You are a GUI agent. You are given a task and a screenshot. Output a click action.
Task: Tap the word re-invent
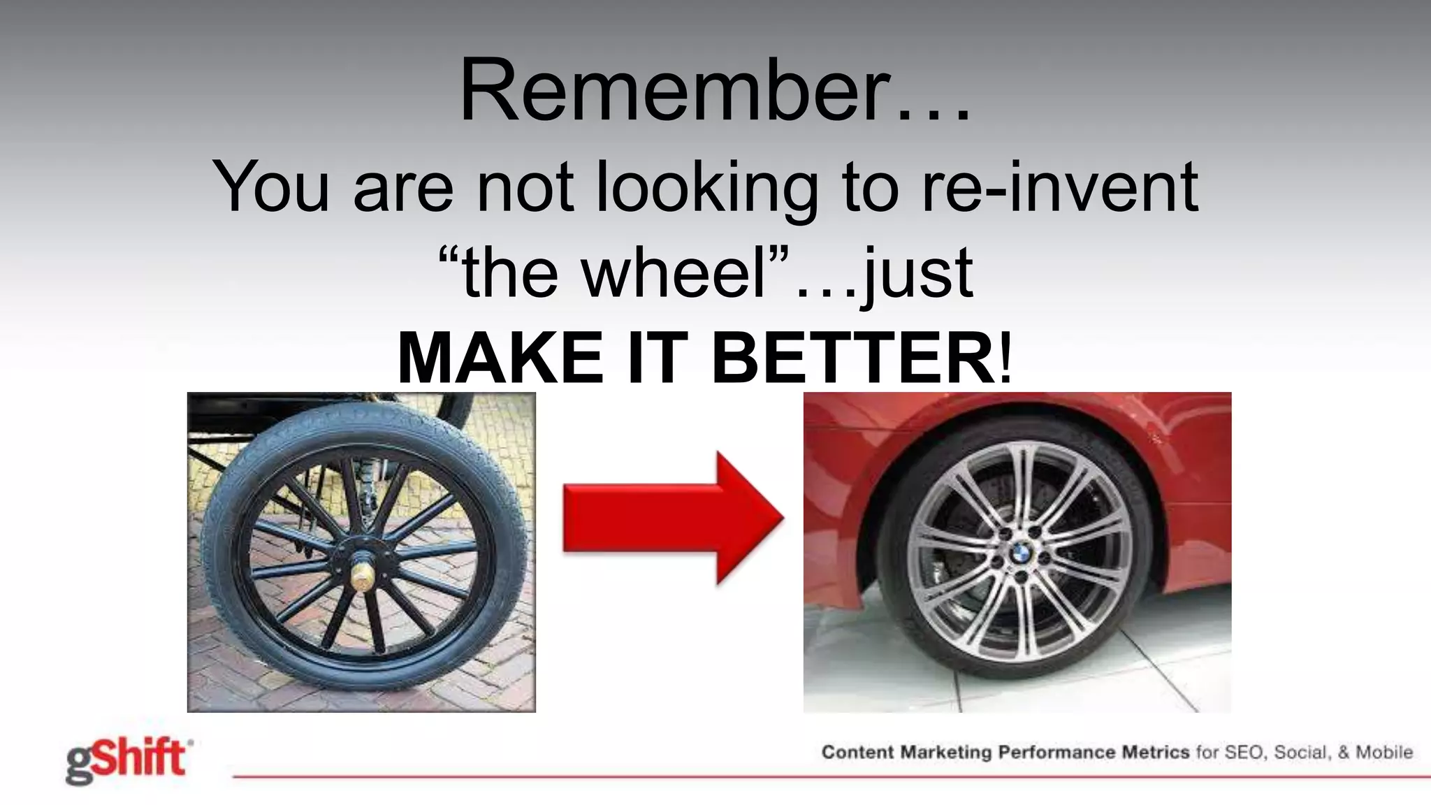click(1059, 187)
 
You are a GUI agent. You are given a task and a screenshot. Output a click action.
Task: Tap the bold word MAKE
click(500, 358)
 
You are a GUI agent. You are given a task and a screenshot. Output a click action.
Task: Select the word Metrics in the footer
click(1155, 753)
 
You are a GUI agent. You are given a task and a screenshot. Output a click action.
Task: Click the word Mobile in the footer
click(1383, 753)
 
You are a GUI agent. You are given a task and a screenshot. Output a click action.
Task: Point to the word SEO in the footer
click(1244, 753)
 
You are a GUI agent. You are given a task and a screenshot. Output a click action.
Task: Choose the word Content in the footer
click(857, 753)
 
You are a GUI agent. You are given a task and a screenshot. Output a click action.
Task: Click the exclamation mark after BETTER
click(1005, 358)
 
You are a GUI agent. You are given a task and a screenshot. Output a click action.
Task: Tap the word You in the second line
click(270, 187)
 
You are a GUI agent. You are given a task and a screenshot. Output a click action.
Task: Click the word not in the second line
click(525, 187)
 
